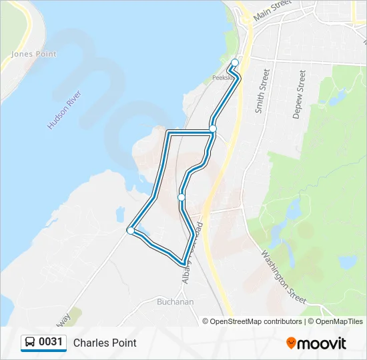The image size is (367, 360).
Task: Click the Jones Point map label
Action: [x=34, y=54]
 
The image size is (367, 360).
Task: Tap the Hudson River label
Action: [x=65, y=110]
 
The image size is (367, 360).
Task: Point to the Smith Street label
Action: [x=262, y=90]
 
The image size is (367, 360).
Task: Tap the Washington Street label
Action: [x=284, y=277]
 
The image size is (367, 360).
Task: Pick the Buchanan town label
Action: [x=175, y=302]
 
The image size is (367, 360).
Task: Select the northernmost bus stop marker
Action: [x=234, y=63]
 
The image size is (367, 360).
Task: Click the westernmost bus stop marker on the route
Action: [x=130, y=231]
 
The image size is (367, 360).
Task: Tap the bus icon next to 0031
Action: [x=30, y=343]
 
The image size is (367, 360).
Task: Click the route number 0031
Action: [x=51, y=343]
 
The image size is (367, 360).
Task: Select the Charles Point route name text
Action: [x=105, y=343]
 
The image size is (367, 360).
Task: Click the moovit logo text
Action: [x=322, y=343]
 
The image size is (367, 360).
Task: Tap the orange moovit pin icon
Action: [x=291, y=343]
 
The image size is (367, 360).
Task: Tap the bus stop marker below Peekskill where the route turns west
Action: [x=213, y=128]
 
